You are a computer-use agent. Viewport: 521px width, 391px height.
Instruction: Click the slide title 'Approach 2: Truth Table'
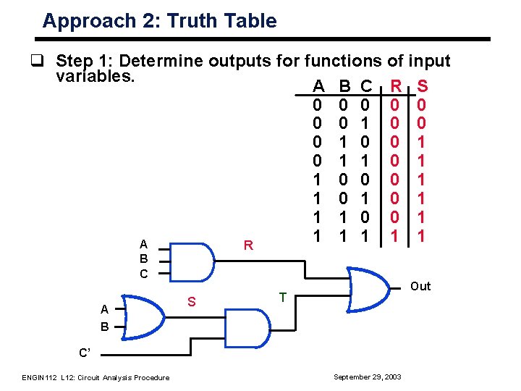click(159, 20)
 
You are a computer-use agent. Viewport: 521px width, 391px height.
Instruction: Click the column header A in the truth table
click(318, 87)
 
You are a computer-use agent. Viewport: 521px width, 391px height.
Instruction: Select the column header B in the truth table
click(345, 87)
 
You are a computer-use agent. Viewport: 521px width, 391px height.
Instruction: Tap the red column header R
click(396, 87)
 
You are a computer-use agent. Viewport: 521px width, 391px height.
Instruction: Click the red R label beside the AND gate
click(247, 245)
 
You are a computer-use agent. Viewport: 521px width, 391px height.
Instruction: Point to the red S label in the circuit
click(192, 300)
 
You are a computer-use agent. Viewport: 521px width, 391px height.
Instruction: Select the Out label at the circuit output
click(420, 286)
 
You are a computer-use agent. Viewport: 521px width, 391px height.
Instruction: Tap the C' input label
click(86, 353)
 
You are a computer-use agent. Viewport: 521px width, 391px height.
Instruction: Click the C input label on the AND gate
click(143, 274)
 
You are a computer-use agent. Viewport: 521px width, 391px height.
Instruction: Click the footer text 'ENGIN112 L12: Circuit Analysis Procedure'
click(95, 377)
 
